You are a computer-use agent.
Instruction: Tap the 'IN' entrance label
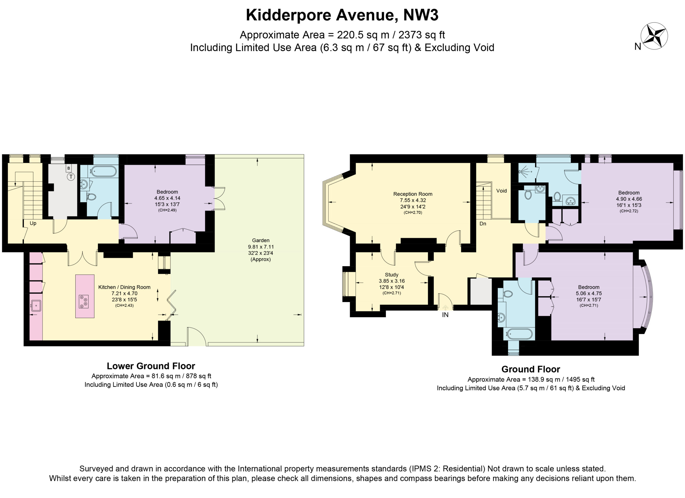click(x=445, y=315)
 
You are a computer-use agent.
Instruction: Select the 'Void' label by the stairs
click(x=501, y=191)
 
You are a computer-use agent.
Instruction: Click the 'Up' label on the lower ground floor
click(x=33, y=223)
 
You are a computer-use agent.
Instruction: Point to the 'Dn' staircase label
click(x=483, y=224)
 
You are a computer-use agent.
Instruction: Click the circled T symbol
click(x=71, y=177)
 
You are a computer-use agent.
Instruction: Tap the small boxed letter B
click(x=68, y=168)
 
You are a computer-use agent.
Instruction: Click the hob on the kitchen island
click(x=84, y=301)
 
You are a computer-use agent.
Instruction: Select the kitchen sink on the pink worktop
click(x=36, y=305)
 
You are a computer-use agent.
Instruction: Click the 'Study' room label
click(x=391, y=275)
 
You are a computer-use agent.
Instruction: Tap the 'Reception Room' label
click(x=413, y=194)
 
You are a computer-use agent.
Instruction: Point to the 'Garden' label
click(x=261, y=240)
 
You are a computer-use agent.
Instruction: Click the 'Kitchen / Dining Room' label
click(x=124, y=287)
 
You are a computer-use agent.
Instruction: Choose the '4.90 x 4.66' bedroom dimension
click(x=629, y=199)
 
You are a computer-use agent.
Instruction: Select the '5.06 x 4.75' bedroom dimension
click(x=589, y=293)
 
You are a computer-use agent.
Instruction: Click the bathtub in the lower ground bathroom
click(x=103, y=171)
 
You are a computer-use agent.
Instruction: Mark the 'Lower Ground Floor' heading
click(x=151, y=366)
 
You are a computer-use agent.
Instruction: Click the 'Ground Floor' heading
click(x=531, y=369)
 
